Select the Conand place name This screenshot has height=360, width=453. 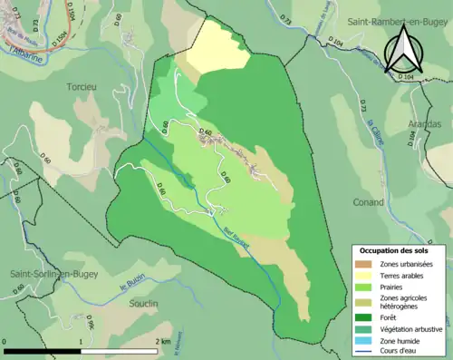tap(370, 201)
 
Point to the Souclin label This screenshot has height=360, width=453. tap(142, 303)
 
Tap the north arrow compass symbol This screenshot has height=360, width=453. tap(406, 49)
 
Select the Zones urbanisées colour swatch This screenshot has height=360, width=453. tap(367, 264)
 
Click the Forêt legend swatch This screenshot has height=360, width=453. tap(367, 316)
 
